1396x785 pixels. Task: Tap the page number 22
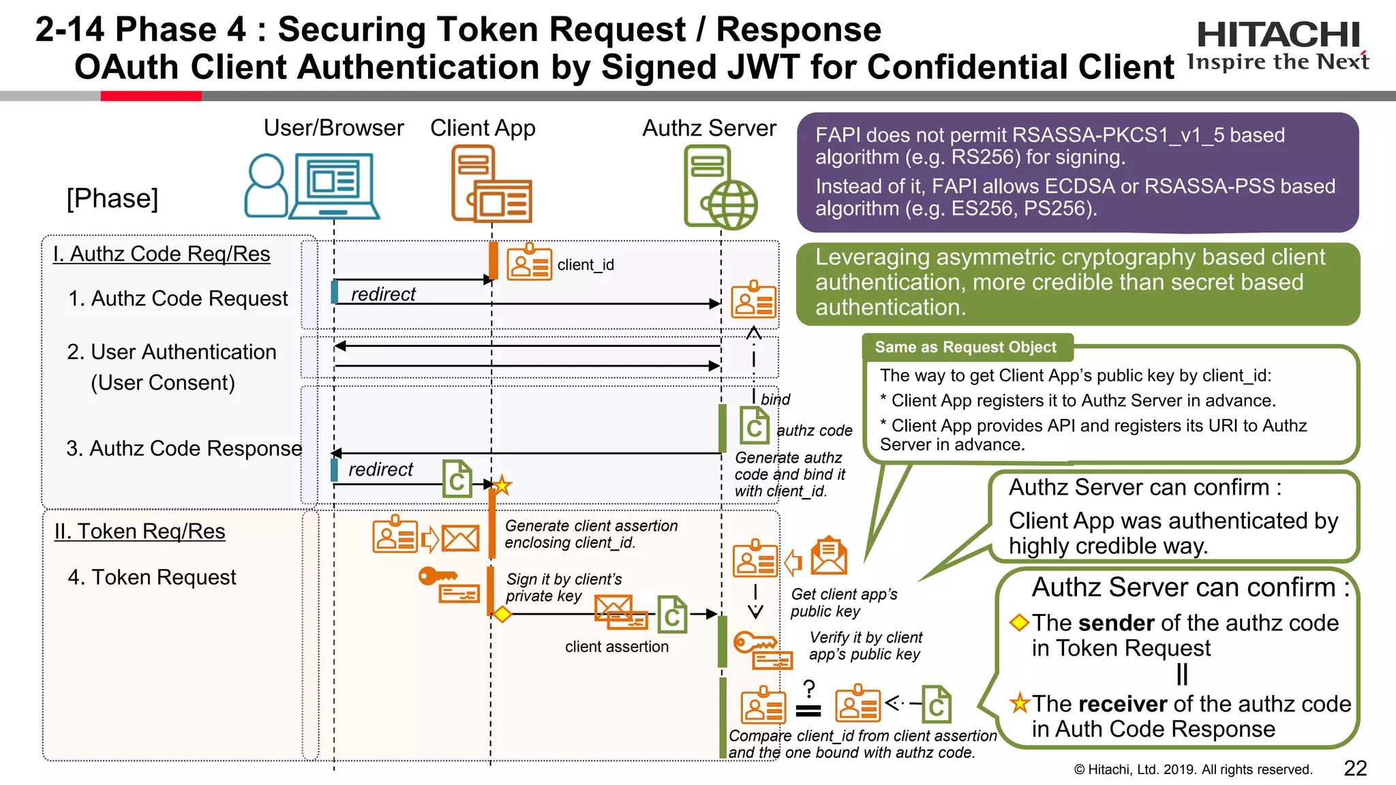pos(1355,768)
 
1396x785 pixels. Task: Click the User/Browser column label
pos(333,128)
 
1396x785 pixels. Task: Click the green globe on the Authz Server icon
pos(732,204)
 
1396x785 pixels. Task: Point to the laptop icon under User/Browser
pos(334,185)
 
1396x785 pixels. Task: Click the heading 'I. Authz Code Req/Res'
pos(162,254)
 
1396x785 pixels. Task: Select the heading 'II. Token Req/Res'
pos(140,532)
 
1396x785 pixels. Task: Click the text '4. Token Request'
pos(151,577)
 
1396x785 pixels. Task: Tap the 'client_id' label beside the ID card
pos(586,265)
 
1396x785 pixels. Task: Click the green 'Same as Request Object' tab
pos(965,348)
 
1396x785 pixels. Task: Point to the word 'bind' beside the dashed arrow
pos(775,399)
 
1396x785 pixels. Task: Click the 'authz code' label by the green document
pos(815,431)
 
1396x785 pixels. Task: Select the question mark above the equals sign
pos(809,688)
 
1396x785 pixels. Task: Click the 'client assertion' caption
pos(616,647)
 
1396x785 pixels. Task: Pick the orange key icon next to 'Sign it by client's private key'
pos(436,576)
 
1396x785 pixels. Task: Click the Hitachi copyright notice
pos(1192,769)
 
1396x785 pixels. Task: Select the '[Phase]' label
pos(112,198)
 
